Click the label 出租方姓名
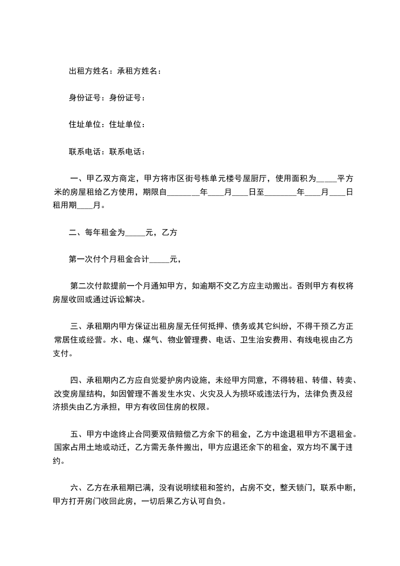pos(88,71)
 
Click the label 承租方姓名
pos(137,71)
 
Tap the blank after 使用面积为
pos(326,178)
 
